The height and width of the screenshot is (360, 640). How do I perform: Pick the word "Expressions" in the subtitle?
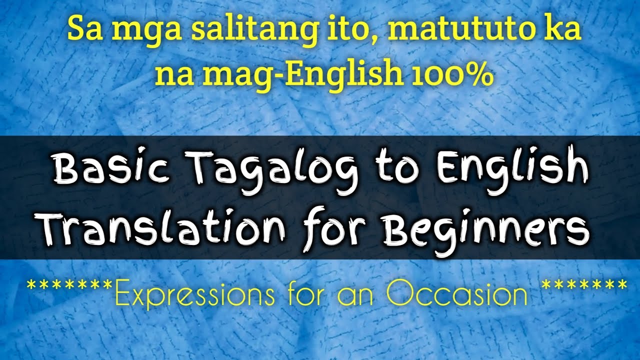[x=195, y=295]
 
